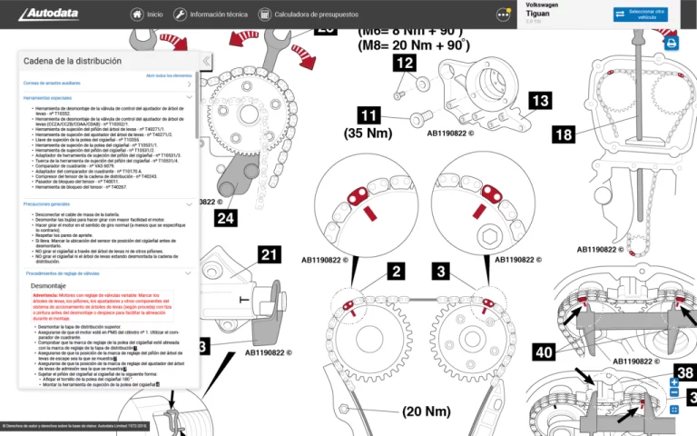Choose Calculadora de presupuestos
[308, 15]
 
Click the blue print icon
[671, 43]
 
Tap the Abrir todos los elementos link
[169, 75]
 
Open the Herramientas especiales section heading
[47, 96]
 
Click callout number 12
[405, 63]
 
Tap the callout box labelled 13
[540, 100]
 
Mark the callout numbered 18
[563, 134]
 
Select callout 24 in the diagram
[226, 217]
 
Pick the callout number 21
[269, 255]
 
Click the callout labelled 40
[545, 352]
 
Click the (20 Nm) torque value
[426, 411]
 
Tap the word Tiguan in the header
[538, 14]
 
